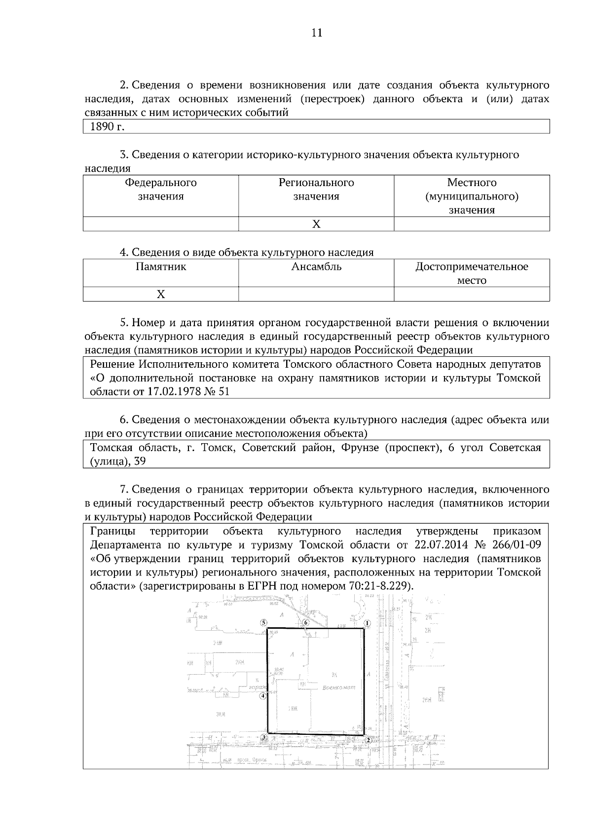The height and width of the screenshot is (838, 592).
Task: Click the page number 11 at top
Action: tap(316, 33)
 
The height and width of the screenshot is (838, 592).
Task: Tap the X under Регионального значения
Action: tap(316, 224)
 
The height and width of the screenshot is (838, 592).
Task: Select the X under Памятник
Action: tap(161, 294)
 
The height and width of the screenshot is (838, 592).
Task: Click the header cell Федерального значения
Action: tap(161, 190)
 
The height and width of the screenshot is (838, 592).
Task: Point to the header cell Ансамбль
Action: tap(316, 267)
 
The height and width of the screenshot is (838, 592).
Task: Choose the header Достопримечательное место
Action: tap(472, 273)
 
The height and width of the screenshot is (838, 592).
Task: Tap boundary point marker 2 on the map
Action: tap(368, 740)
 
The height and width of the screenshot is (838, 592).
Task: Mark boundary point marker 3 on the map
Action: tap(264, 738)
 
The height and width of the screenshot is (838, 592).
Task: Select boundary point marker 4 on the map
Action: tap(263, 696)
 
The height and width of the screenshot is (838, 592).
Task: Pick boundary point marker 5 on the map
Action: tap(264, 623)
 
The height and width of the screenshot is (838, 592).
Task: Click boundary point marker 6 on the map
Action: tap(306, 623)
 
